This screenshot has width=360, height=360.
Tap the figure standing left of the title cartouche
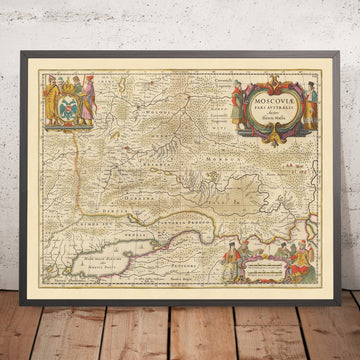[x=237, y=101]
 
